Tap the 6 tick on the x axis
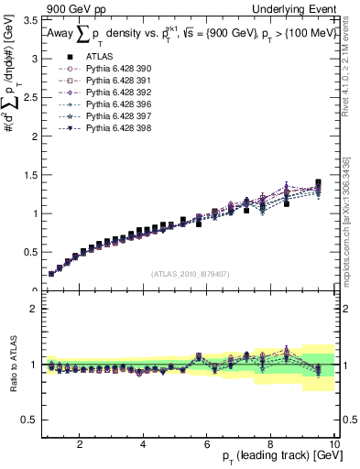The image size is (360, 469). (207, 444)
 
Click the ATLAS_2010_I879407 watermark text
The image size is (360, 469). (190, 273)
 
